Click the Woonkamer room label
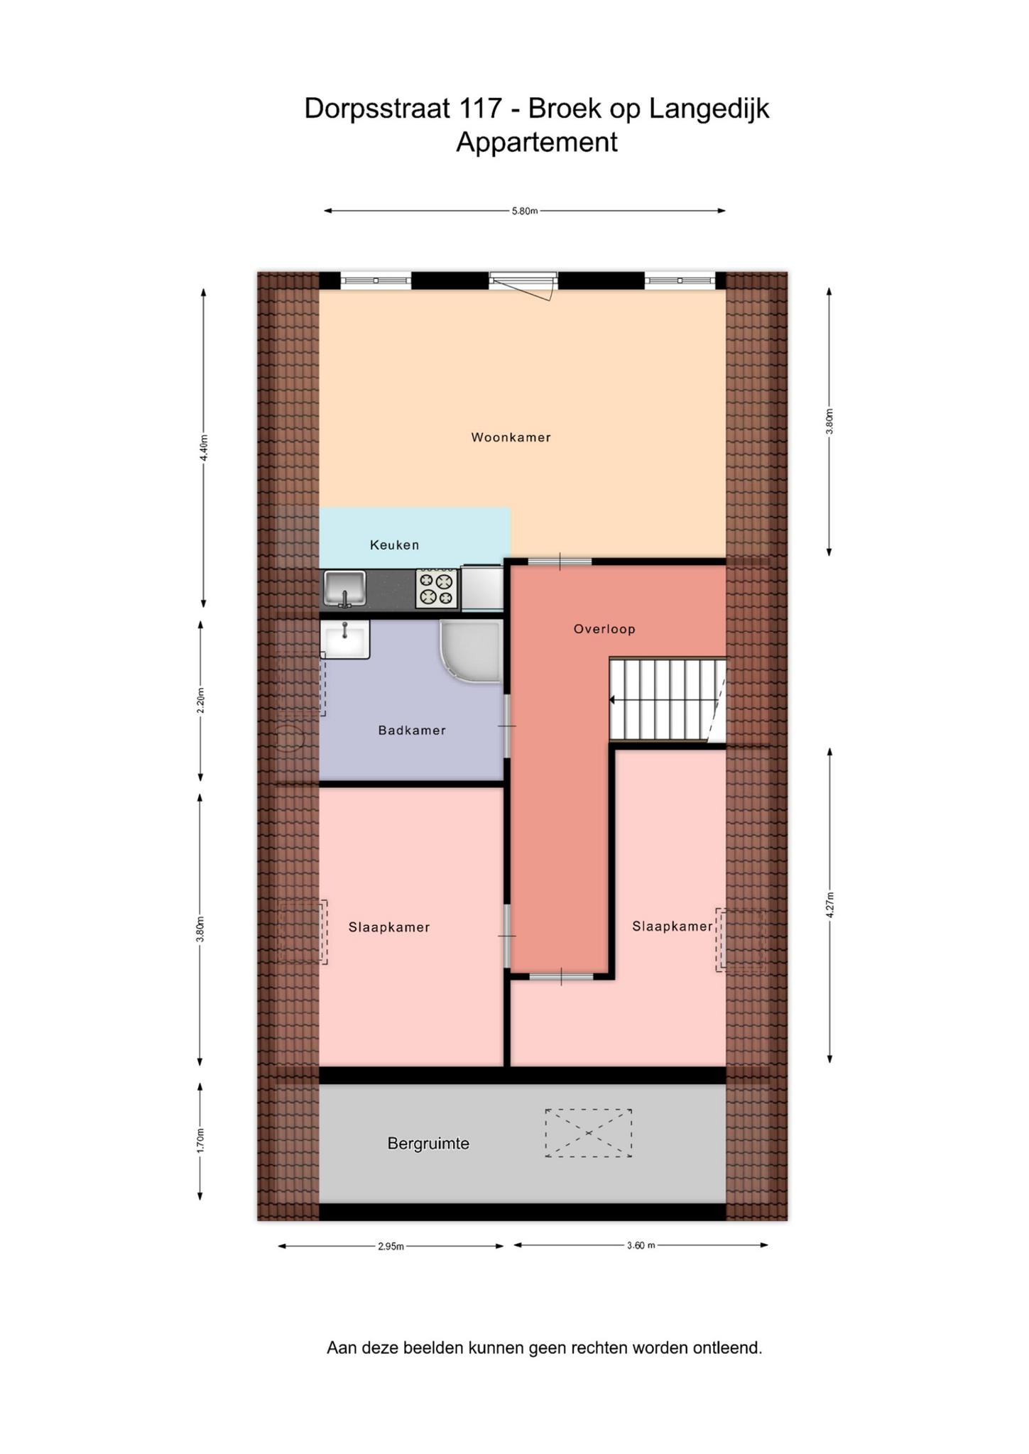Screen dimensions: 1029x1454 (x=511, y=437)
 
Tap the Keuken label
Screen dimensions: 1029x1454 (x=394, y=545)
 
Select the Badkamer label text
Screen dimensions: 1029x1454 (x=412, y=730)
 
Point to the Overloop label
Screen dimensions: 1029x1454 (x=604, y=628)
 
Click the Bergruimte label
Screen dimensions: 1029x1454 (x=428, y=1143)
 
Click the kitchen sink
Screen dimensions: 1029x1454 (x=344, y=589)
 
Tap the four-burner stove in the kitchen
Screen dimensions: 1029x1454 (x=437, y=589)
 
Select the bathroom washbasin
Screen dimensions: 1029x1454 (x=345, y=639)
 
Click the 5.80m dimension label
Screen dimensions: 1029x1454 (x=525, y=211)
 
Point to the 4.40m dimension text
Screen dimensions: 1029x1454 (x=204, y=448)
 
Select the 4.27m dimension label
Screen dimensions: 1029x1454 (x=829, y=905)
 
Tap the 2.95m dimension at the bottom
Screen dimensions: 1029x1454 (x=391, y=1246)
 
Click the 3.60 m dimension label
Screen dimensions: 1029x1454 (x=641, y=1245)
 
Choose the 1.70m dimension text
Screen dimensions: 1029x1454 (x=200, y=1140)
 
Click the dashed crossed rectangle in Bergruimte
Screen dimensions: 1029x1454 (x=589, y=1133)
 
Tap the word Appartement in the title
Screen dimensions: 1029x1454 (x=537, y=142)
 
